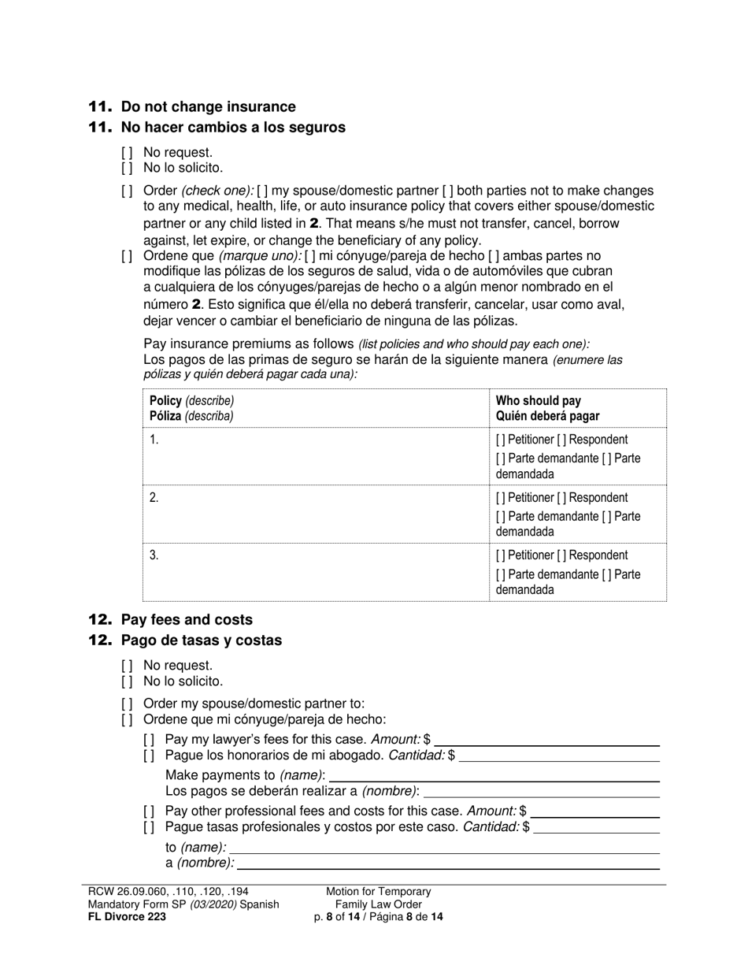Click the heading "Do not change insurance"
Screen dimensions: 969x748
[208, 107]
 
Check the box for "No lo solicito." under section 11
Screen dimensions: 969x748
[127, 168]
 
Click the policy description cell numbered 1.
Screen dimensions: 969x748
[315, 456]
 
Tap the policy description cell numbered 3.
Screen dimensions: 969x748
[315, 572]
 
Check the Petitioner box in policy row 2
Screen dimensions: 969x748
[501, 498]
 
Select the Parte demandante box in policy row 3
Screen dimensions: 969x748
[501, 574]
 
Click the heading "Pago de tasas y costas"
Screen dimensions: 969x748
[201, 640]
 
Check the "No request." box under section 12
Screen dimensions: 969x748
[127, 666]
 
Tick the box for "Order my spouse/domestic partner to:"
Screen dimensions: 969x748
[127, 704]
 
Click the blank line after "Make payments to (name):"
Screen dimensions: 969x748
[494, 776]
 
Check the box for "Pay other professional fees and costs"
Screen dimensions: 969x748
[149, 811]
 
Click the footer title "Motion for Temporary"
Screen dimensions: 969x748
[379, 892]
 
